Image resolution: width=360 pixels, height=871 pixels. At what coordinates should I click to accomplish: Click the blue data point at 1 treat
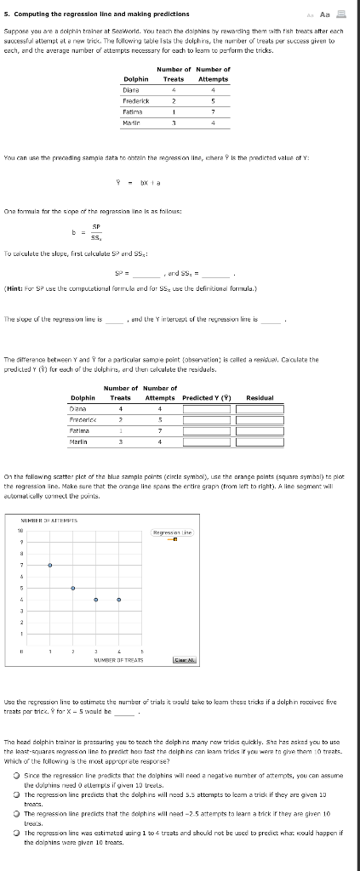[50, 565]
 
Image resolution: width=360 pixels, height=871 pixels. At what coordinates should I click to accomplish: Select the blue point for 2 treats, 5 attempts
[73, 588]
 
